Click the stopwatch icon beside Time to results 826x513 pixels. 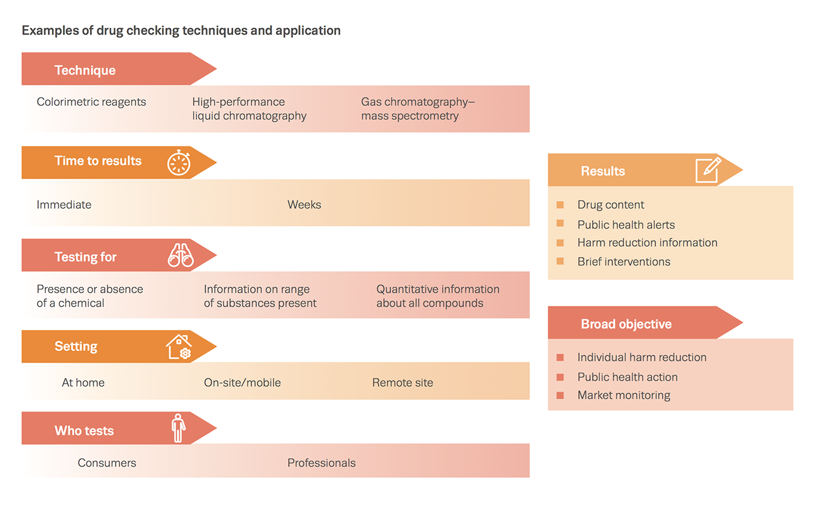(x=179, y=163)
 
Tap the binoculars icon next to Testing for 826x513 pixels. (x=180, y=256)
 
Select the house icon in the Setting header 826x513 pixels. (x=179, y=347)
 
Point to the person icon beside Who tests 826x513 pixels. (x=178, y=428)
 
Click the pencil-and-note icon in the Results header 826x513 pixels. (x=708, y=170)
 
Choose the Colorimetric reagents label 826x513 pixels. (x=91, y=102)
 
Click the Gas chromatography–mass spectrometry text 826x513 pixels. (x=418, y=109)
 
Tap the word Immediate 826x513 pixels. (x=64, y=205)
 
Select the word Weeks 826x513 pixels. (x=304, y=205)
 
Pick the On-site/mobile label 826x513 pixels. (x=242, y=383)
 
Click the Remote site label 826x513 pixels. (x=403, y=383)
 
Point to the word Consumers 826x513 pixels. (x=107, y=463)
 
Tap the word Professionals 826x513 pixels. (x=321, y=463)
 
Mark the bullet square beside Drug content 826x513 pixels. (x=560, y=205)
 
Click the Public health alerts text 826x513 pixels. (x=626, y=225)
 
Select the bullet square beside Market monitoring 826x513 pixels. (x=560, y=396)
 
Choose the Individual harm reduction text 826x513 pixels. (x=642, y=358)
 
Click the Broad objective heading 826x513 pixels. (x=626, y=324)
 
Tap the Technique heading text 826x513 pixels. (x=85, y=71)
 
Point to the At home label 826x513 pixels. (x=83, y=383)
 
